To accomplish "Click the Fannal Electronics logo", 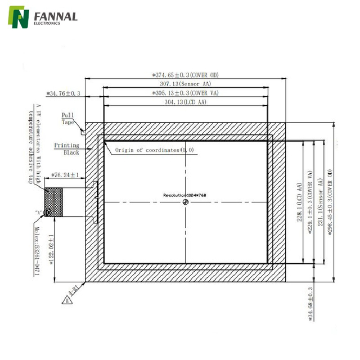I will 42,18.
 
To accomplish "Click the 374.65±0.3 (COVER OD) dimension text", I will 186,74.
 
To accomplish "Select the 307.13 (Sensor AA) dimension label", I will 185,84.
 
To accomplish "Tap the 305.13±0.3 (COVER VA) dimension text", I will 186,93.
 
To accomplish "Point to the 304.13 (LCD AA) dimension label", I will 185,102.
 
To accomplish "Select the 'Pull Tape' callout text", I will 68,118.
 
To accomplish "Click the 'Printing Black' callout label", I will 67,148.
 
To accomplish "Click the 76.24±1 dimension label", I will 65,175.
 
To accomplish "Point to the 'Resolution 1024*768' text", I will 185,195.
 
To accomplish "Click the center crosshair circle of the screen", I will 185,203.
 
